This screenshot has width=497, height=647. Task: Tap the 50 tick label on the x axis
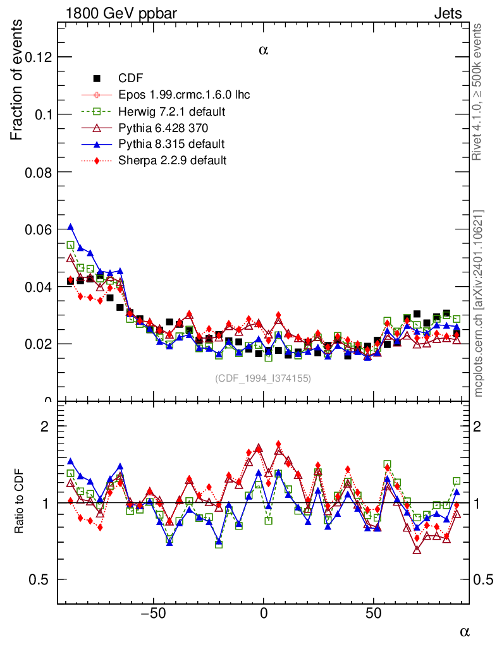374,614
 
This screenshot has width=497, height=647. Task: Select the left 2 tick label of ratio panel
45,426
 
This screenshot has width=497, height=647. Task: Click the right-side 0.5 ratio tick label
484,579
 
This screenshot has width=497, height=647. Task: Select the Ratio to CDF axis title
20,502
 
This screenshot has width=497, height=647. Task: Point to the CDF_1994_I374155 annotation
263,378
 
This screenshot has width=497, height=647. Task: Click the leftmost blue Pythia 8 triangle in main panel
70,227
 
